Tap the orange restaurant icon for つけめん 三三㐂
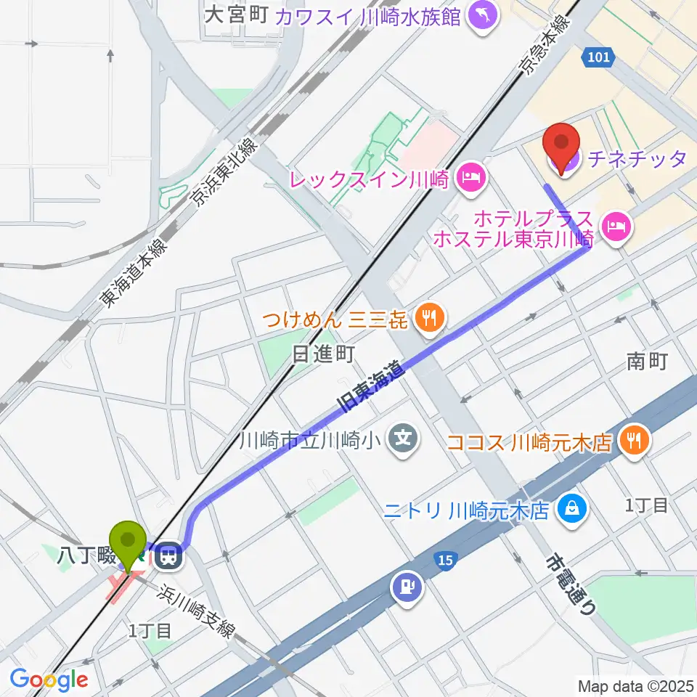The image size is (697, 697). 430,317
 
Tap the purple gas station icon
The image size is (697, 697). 406,587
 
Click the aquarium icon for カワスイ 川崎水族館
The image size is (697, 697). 481,15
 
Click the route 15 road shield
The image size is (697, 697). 447,561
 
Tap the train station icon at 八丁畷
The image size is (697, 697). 168,557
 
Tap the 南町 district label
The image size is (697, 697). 647,361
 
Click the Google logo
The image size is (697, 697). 49,680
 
